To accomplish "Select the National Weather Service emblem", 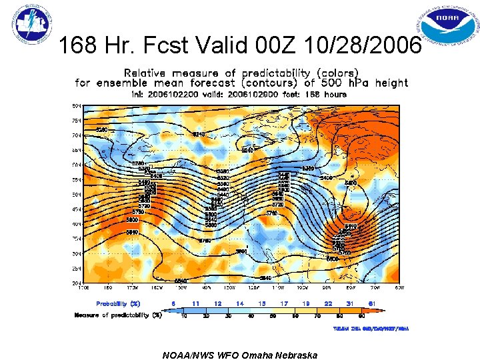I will [31, 26].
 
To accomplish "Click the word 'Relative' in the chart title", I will [145, 72].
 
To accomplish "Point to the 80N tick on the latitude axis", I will [77, 105].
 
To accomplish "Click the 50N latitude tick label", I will [77, 194].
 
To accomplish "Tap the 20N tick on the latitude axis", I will [77, 283].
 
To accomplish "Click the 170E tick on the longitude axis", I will [83, 288].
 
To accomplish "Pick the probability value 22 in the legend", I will [328, 304].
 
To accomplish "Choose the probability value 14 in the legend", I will [240, 304].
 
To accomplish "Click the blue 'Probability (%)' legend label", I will [118, 304].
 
